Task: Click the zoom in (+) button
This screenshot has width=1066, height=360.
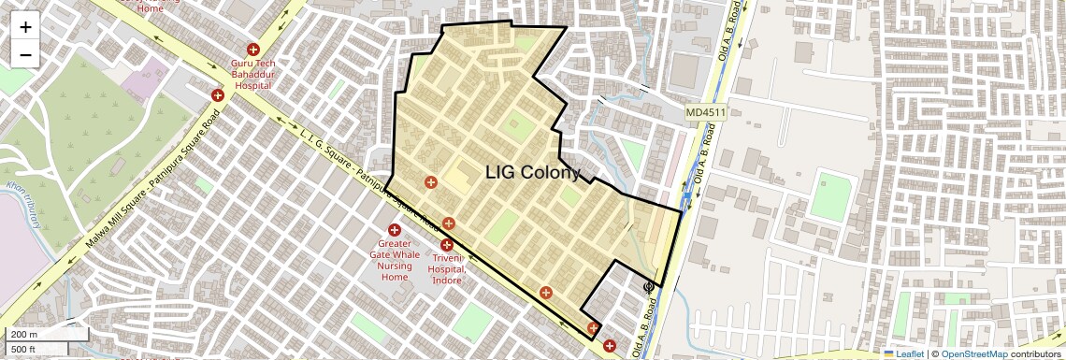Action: click(x=25, y=26)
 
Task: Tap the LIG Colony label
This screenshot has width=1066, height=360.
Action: click(x=533, y=172)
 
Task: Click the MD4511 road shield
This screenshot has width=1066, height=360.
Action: click(x=705, y=112)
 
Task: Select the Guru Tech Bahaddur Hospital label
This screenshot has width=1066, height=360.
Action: click(x=252, y=74)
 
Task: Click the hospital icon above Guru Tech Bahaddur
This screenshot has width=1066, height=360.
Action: click(x=252, y=49)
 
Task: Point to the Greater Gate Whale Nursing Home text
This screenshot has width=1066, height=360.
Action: click(x=394, y=260)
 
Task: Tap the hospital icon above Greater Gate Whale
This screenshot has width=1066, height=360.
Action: click(x=394, y=230)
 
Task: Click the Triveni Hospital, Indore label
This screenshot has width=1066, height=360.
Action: click(x=448, y=268)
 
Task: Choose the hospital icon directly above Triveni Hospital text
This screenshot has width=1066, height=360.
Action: click(x=447, y=245)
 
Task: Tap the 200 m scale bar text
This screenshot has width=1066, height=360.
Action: click(x=24, y=335)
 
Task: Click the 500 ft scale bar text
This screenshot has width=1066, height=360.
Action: click(x=24, y=349)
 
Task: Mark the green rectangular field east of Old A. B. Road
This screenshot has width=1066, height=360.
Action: click(x=830, y=194)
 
